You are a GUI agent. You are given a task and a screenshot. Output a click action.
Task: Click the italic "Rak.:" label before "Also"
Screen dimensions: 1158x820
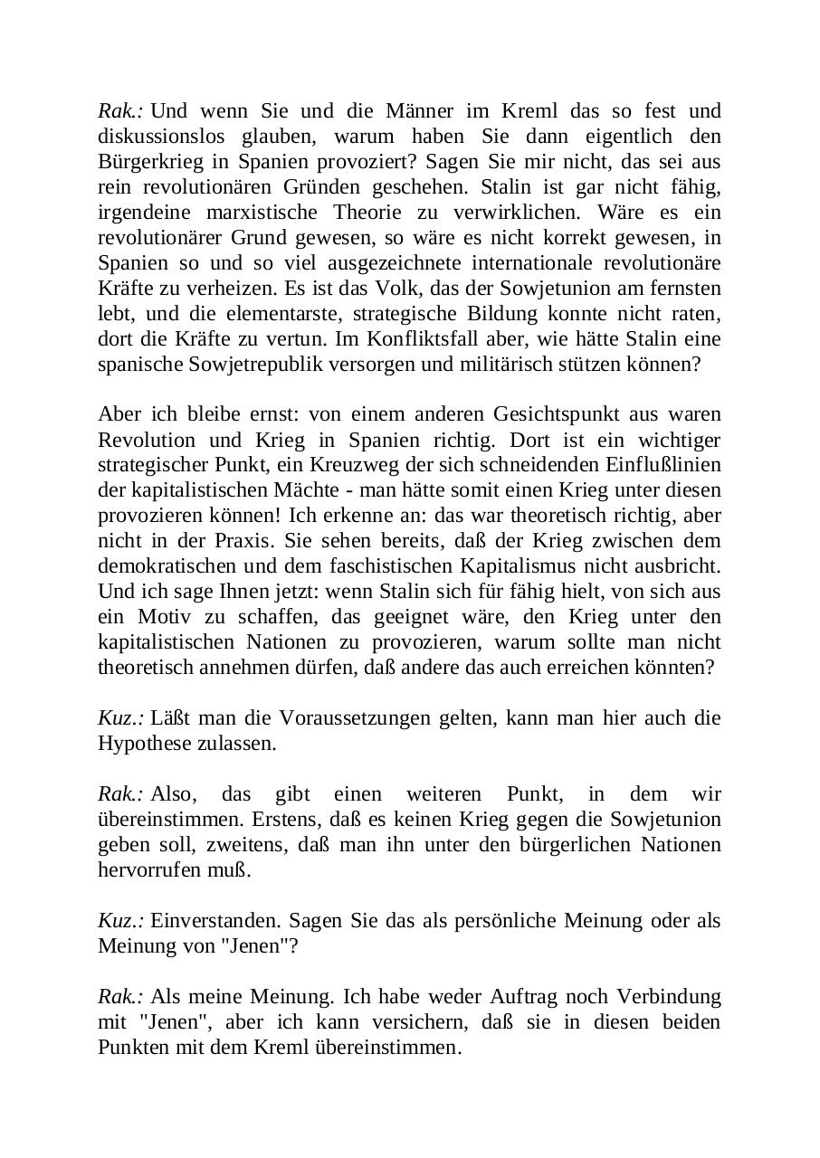[120, 794]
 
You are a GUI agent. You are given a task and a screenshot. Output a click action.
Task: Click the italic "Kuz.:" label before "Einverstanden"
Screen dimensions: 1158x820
[120, 921]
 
